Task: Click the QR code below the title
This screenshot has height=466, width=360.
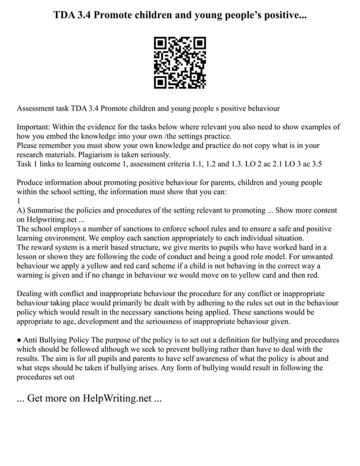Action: pos(180,63)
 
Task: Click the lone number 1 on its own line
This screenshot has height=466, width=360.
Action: pos(19,201)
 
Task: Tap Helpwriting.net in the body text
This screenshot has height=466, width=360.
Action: pos(54,219)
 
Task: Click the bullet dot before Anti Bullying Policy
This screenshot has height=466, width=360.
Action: pos(19,340)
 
